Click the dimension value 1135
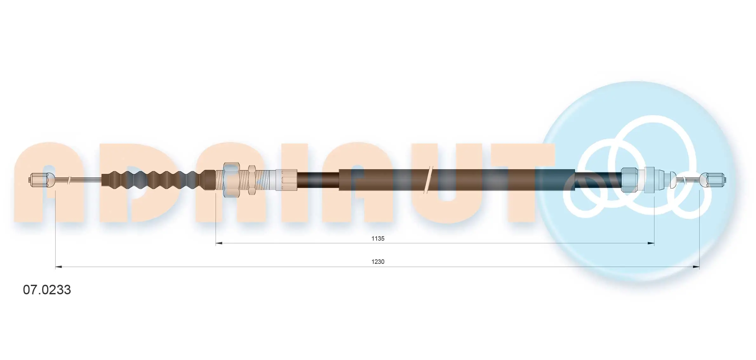[378, 238]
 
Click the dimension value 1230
[378, 262]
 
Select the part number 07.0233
[47, 290]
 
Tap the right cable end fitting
[712, 180]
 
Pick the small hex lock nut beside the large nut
[252, 180]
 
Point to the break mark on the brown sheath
[428, 180]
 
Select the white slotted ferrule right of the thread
[286, 180]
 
